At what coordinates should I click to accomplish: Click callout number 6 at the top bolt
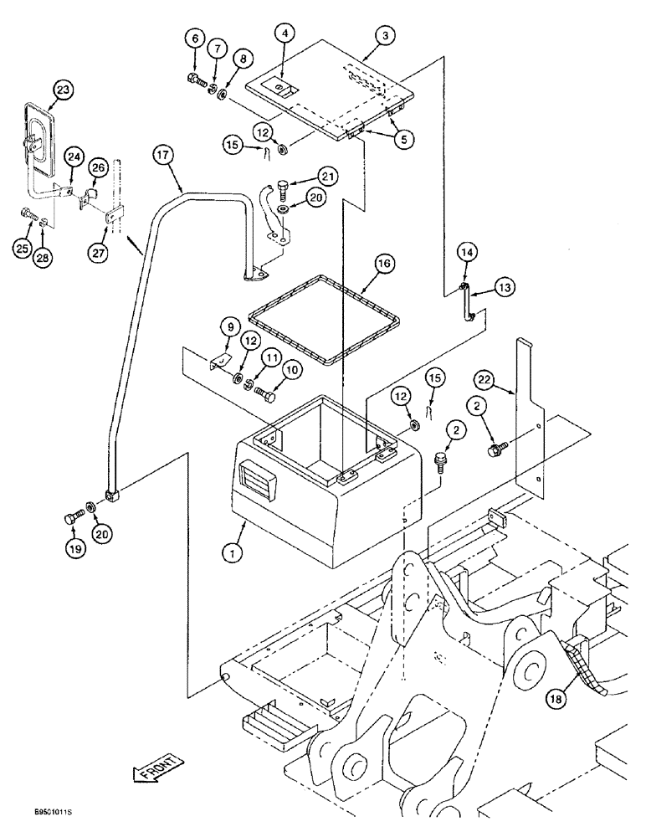point(195,39)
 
